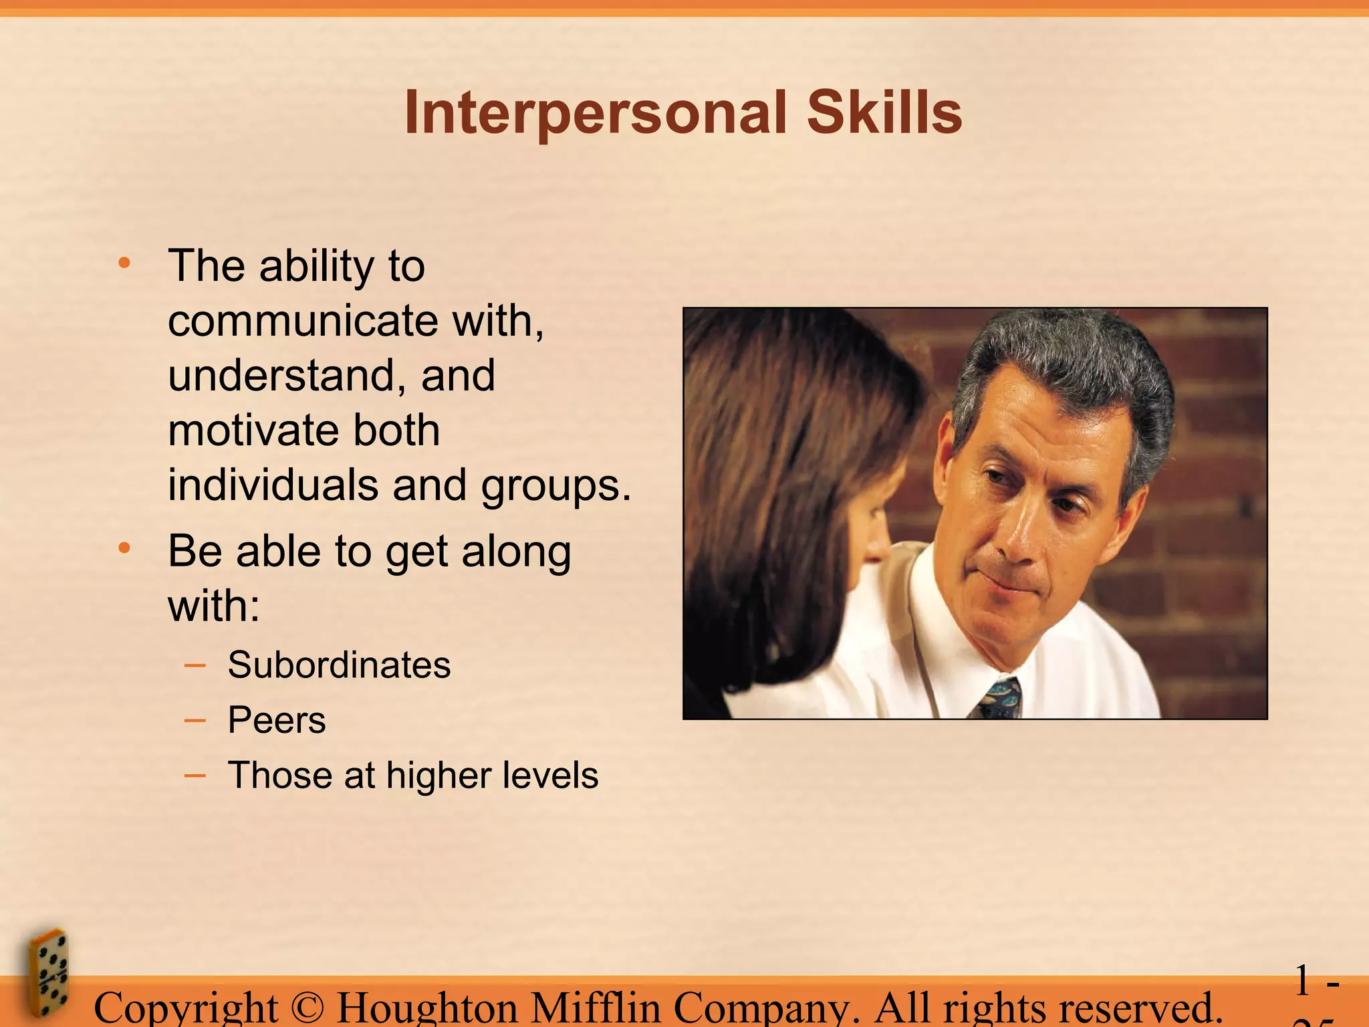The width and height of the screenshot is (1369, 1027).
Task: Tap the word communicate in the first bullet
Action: pyautogui.click(x=303, y=321)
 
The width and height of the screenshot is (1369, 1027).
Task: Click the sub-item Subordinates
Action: pyautogui.click(x=339, y=665)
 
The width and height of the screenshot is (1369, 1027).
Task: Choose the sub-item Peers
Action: pyautogui.click(x=277, y=720)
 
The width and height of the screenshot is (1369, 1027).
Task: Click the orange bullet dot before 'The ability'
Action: pyautogui.click(x=124, y=263)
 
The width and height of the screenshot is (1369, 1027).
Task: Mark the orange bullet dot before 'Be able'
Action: pyautogui.click(x=124, y=548)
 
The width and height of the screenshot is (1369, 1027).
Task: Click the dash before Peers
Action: pyautogui.click(x=195, y=720)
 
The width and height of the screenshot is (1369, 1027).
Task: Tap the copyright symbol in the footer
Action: pyautogui.click(x=307, y=1008)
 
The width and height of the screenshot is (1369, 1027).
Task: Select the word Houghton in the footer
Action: pyautogui.click(x=427, y=1009)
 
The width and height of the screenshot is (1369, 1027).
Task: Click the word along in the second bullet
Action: pyautogui.click(x=516, y=552)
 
